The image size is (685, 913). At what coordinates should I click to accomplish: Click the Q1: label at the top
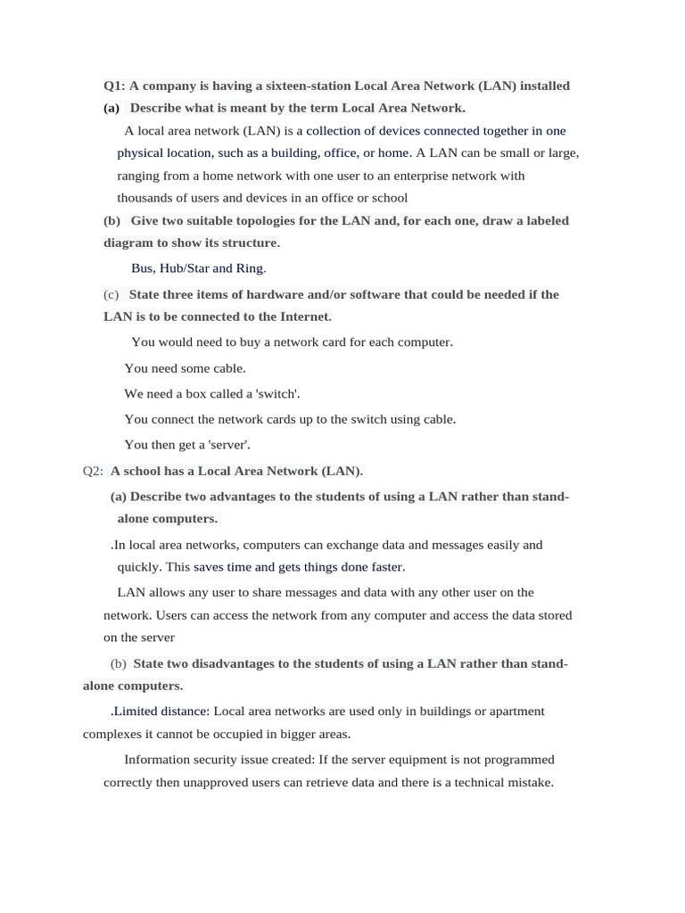point(114,86)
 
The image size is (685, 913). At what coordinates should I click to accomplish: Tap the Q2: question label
point(93,471)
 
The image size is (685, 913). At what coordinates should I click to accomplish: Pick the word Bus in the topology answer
point(143,267)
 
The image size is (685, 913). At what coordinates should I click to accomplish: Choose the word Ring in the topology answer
point(250,267)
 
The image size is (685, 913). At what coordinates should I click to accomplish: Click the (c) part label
point(111,294)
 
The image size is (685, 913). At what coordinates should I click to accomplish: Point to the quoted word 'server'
point(228,444)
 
